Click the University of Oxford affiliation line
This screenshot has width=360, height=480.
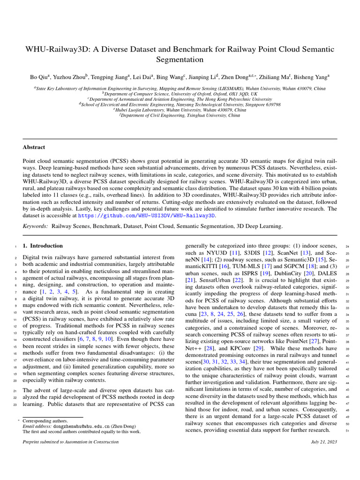tap(180, 94)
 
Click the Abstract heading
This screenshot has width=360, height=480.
tap(35, 147)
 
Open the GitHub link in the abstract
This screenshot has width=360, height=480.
tap(146, 215)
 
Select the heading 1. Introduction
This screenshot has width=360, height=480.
tap(43, 246)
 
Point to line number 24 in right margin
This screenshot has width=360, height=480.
tap(347, 246)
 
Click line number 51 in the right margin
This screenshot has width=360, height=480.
tap(347, 431)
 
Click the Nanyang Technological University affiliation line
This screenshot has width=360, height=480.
tap(180, 105)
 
